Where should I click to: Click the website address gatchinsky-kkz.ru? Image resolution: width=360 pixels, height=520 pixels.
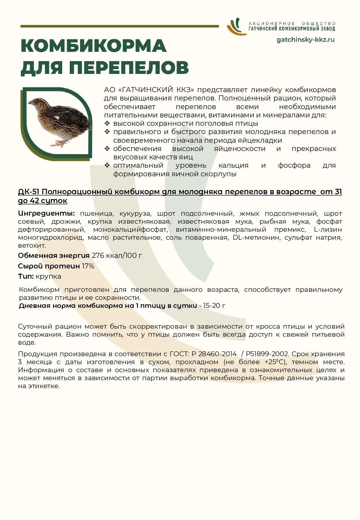click(305, 40)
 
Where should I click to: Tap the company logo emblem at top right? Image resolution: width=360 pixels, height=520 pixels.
click(235, 26)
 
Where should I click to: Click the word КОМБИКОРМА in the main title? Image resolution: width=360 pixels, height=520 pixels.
click(93, 46)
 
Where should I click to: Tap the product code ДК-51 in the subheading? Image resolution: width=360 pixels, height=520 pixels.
click(29, 192)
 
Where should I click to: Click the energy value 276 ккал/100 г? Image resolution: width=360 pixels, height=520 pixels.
click(117, 255)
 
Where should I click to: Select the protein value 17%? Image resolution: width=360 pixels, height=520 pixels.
click(88, 266)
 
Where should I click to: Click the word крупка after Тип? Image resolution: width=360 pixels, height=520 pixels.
click(48, 276)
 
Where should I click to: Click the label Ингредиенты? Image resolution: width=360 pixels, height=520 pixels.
click(46, 213)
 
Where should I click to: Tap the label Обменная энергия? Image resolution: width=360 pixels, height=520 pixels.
click(54, 255)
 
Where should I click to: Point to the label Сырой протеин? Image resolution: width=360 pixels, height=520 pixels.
click(49, 266)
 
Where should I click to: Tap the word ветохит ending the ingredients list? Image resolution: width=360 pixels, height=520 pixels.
click(32, 245)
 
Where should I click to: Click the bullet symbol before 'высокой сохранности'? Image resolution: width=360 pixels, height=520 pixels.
click(107, 123)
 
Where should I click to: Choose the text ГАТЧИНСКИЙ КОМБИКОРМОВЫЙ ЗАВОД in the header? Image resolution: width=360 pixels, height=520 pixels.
click(292, 29)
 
